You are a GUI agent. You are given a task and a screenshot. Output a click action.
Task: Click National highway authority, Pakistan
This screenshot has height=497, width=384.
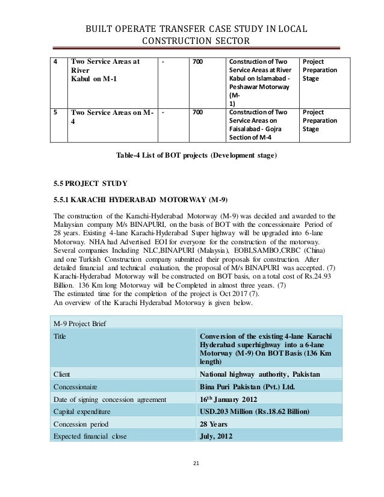pos(259,373)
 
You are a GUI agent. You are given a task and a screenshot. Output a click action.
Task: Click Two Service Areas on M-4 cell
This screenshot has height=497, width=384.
pos(112,117)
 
